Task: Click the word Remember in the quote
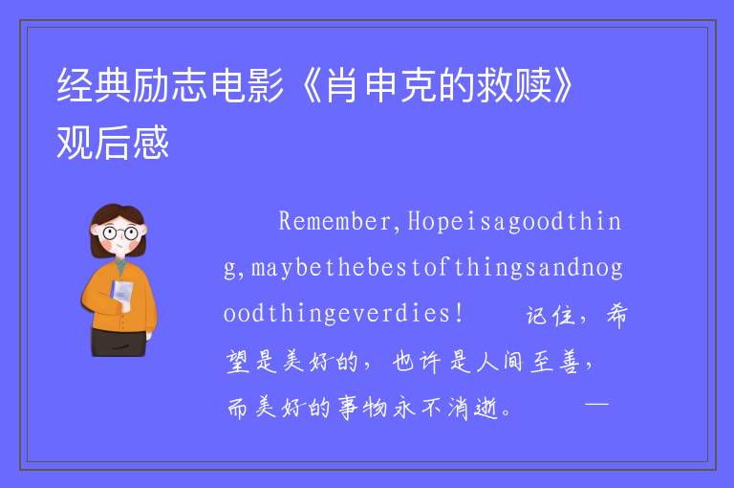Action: point(335,221)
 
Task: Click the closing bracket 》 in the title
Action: point(562,85)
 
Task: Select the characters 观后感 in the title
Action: point(113,142)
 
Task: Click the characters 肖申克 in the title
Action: point(381,85)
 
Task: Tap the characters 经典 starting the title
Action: point(93,85)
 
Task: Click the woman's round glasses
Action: point(119,233)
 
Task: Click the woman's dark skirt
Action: point(118,343)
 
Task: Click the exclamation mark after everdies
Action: point(459,313)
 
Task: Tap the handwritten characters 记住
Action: point(550,315)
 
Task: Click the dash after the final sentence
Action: point(596,403)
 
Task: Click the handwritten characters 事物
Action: point(363,408)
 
